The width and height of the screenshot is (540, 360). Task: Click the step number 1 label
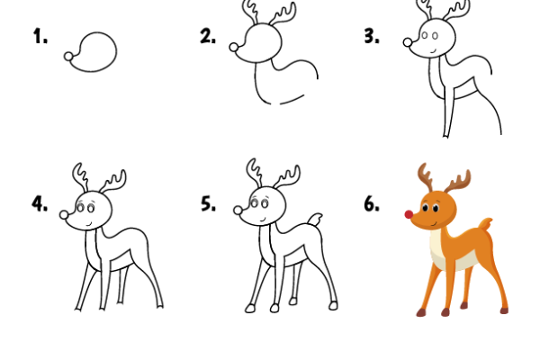pyautogui.click(x=40, y=37)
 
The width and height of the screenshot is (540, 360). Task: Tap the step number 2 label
pyautogui.click(x=208, y=37)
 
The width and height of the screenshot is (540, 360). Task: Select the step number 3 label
pyautogui.click(x=370, y=37)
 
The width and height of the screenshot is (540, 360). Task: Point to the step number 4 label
pyautogui.click(x=40, y=203)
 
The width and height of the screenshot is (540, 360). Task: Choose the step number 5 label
pyautogui.click(x=208, y=203)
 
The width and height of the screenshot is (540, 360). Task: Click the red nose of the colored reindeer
pyautogui.click(x=407, y=215)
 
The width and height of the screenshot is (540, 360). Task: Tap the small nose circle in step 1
pyautogui.click(x=68, y=57)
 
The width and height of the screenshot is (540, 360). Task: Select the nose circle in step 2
pyautogui.click(x=235, y=47)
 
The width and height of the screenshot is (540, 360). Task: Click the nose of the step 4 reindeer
pyautogui.click(x=65, y=215)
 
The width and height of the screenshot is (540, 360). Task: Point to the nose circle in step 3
pyautogui.click(x=408, y=41)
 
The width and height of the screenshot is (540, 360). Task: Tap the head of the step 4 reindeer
pyautogui.click(x=92, y=209)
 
